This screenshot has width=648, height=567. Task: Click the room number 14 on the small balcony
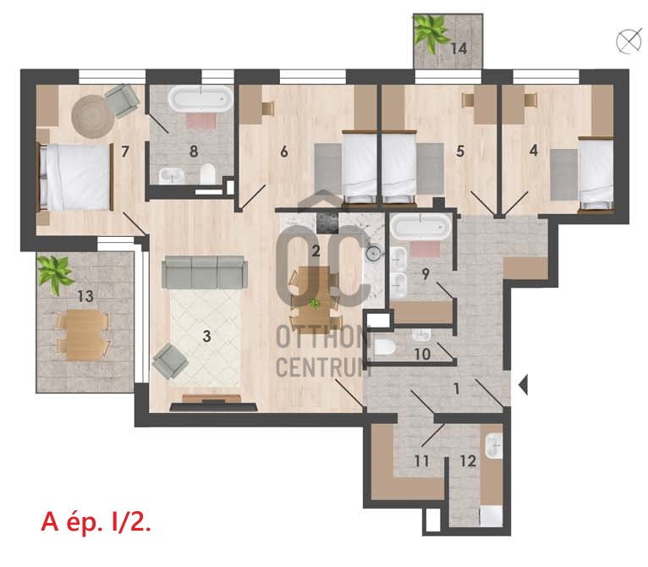459,48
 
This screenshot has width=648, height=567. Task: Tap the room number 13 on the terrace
85,296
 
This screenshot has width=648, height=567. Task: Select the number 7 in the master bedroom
125,151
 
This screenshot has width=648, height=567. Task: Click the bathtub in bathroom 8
200,99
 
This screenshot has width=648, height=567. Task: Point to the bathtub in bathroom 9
421,227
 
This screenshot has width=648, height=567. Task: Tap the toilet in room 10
383,348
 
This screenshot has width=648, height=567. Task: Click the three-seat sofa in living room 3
205,272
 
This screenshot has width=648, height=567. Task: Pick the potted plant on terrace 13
54,274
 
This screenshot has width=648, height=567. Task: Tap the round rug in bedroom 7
93,117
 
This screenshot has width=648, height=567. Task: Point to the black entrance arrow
523,385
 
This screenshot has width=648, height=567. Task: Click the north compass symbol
629,41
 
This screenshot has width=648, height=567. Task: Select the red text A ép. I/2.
96,522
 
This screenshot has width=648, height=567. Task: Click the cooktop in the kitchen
327,223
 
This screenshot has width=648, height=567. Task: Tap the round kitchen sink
374,252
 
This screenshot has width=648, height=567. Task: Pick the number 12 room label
468,460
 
